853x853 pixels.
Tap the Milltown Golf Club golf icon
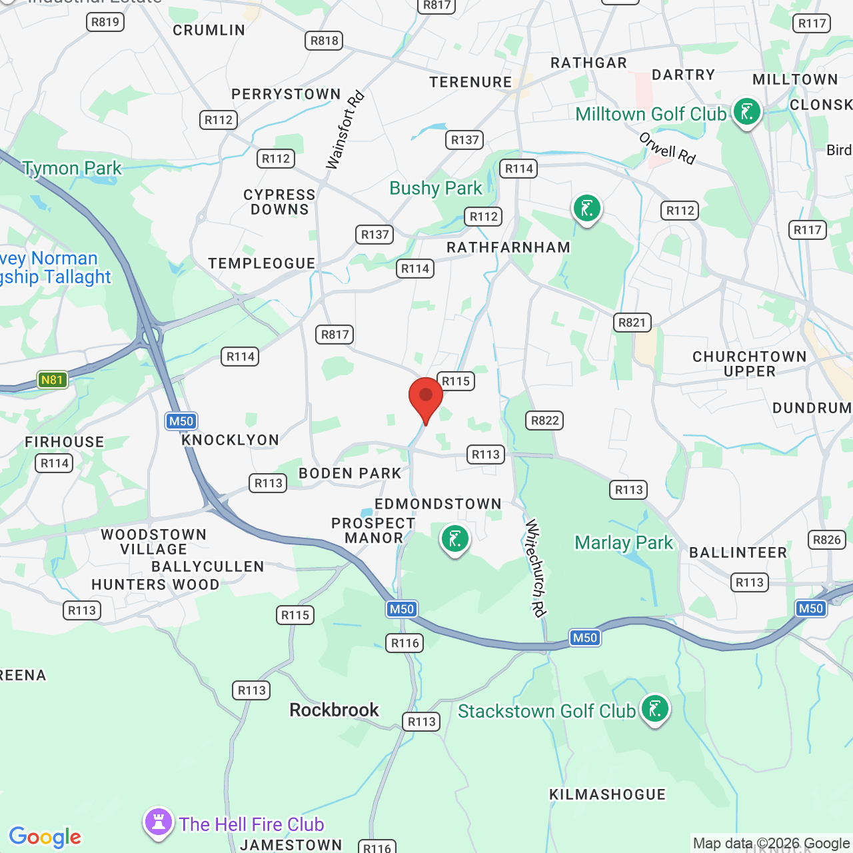pyautogui.click(x=746, y=112)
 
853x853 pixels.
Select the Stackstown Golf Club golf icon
pyautogui.click(x=654, y=708)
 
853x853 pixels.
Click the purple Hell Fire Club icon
pyautogui.click(x=159, y=822)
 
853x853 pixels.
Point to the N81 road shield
pyautogui.click(x=52, y=380)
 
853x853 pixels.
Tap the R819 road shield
pyautogui.click(x=105, y=22)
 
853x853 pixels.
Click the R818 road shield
pyautogui.click(x=325, y=41)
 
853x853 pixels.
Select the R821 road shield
pyautogui.click(x=632, y=323)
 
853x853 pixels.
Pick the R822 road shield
pyautogui.click(x=545, y=421)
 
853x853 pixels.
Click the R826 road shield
pyautogui.click(x=827, y=540)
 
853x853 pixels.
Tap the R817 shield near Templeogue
pyautogui.click(x=335, y=335)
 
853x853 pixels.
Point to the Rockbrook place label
pyautogui.click(x=334, y=710)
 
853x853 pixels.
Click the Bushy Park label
pyautogui.click(x=435, y=189)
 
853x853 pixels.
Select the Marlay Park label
pyautogui.click(x=624, y=543)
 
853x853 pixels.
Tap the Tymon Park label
pyautogui.click(x=73, y=169)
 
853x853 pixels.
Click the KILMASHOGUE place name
pyautogui.click(x=607, y=794)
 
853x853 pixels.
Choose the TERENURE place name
pyautogui.click(x=470, y=82)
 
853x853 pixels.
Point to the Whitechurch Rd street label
pyautogui.click(x=536, y=568)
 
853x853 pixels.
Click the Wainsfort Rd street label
pyautogui.click(x=345, y=130)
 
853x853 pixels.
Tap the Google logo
pyautogui.click(x=45, y=837)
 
